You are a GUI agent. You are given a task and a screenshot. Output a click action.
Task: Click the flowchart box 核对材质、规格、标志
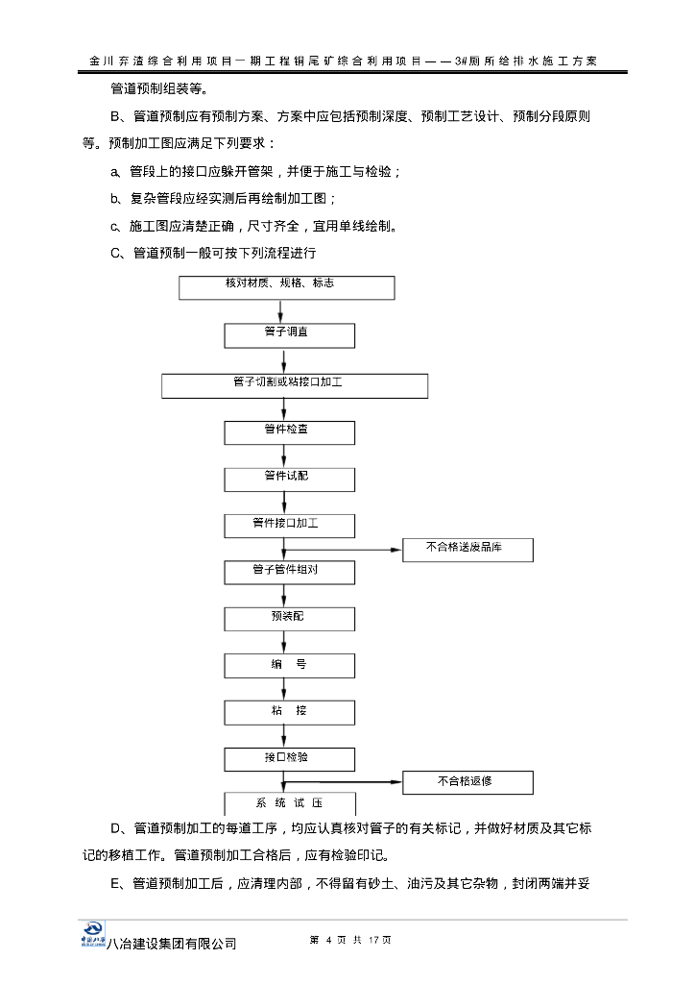[285, 288]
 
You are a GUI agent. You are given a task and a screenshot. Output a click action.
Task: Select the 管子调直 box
[289, 335]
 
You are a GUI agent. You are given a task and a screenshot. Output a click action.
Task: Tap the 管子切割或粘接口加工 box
[295, 386]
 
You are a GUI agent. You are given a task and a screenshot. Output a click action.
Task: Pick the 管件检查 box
[289, 432]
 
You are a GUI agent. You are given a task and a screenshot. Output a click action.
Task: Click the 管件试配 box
[289, 480]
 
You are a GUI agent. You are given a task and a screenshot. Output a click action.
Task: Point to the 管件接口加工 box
[289, 526]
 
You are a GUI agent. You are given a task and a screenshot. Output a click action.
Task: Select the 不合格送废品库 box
[467, 550]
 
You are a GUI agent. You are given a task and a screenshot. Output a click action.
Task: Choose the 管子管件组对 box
[289, 573]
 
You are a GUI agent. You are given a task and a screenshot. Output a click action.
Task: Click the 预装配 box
[289, 619]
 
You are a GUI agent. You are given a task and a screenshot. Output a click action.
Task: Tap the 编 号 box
[289, 665]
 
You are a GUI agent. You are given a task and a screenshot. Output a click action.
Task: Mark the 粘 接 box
[289, 712]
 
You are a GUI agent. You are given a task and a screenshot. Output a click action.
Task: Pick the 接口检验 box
[289, 759]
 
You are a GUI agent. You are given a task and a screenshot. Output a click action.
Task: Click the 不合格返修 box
[467, 782]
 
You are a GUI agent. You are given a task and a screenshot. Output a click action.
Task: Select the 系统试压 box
[289, 804]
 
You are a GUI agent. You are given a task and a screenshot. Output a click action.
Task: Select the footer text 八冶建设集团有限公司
[172, 945]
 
